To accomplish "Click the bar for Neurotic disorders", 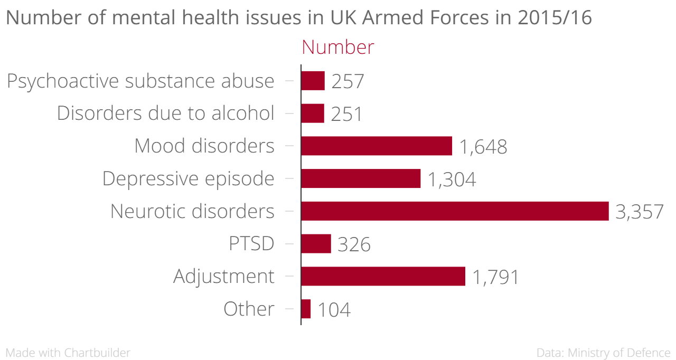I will pyautogui.click(x=455, y=211).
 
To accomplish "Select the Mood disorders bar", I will pyautogui.click(x=377, y=146).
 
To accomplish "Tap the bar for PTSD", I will pyautogui.click(x=316, y=244).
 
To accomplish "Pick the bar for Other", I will pyautogui.click(x=306, y=309).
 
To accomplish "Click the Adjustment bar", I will pyautogui.click(x=383, y=276).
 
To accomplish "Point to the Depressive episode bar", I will pyautogui.click(x=361, y=178).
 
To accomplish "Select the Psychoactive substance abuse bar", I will pyautogui.click(x=313, y=81).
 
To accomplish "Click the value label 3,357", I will pyautogui.click(x=639, y=212).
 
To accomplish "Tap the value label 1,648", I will pyautogui.click(x=483, y=147).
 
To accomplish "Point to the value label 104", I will pyautogui.click(x=334, y=310).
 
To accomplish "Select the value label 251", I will pyautogui.click(x=346, y=114).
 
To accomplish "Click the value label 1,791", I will pyautogui.click(x=495, y=277).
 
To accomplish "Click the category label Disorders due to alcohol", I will pyautogui.click(x=165, y=113).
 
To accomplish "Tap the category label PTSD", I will pyautogui.click(x=251, y=244).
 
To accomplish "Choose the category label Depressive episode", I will pyautogui.click(x=188, y=178).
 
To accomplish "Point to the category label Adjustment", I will pyautogui.click(x=224, y=276).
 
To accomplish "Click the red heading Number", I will pyautogui.click(x=337, y=48).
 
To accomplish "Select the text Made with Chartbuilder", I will pyautogui.click(x=68, y=353).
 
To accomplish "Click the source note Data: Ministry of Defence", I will pyautogui.click(x=603, y=353).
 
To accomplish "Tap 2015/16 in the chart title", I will pyautogui.click(x=555, y=18).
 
